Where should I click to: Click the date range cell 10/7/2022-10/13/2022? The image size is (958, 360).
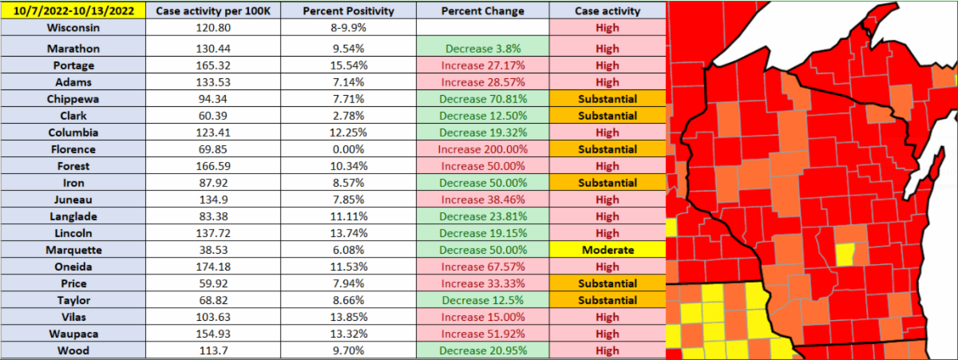tap(73, 10)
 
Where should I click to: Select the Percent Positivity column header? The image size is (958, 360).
tap(349, 10)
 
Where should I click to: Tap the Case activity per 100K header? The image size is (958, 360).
tap(213, 10)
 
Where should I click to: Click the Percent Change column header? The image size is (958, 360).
tap(483, 10)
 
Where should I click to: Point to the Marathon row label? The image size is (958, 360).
tap(73, 49)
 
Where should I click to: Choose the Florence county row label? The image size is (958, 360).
tap(73, 149)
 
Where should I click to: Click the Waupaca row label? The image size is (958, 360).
tap(73, 334)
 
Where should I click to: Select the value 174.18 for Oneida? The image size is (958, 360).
tap(213, 267)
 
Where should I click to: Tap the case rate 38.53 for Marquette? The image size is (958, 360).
tap(213, 250)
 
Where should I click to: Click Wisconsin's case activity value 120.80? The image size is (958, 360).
tap(213, 28)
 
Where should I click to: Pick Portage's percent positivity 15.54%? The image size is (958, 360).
tap(349, 65)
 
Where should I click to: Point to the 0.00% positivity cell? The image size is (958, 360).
tap(349, 149)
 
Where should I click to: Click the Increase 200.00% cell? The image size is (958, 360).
tap(483, 149)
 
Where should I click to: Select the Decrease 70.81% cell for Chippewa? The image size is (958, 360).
tap(483, 99)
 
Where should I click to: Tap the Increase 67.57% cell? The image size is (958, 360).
tap(483, 267)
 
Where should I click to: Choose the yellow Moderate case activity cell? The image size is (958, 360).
tap(608, 250)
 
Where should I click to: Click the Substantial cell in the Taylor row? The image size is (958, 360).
tap(608, 301)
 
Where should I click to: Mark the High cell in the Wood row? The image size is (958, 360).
tap(608, 351)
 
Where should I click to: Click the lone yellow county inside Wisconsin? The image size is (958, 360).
tap(845, 255)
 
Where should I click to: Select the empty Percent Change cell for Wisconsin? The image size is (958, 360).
tap(483, 28)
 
